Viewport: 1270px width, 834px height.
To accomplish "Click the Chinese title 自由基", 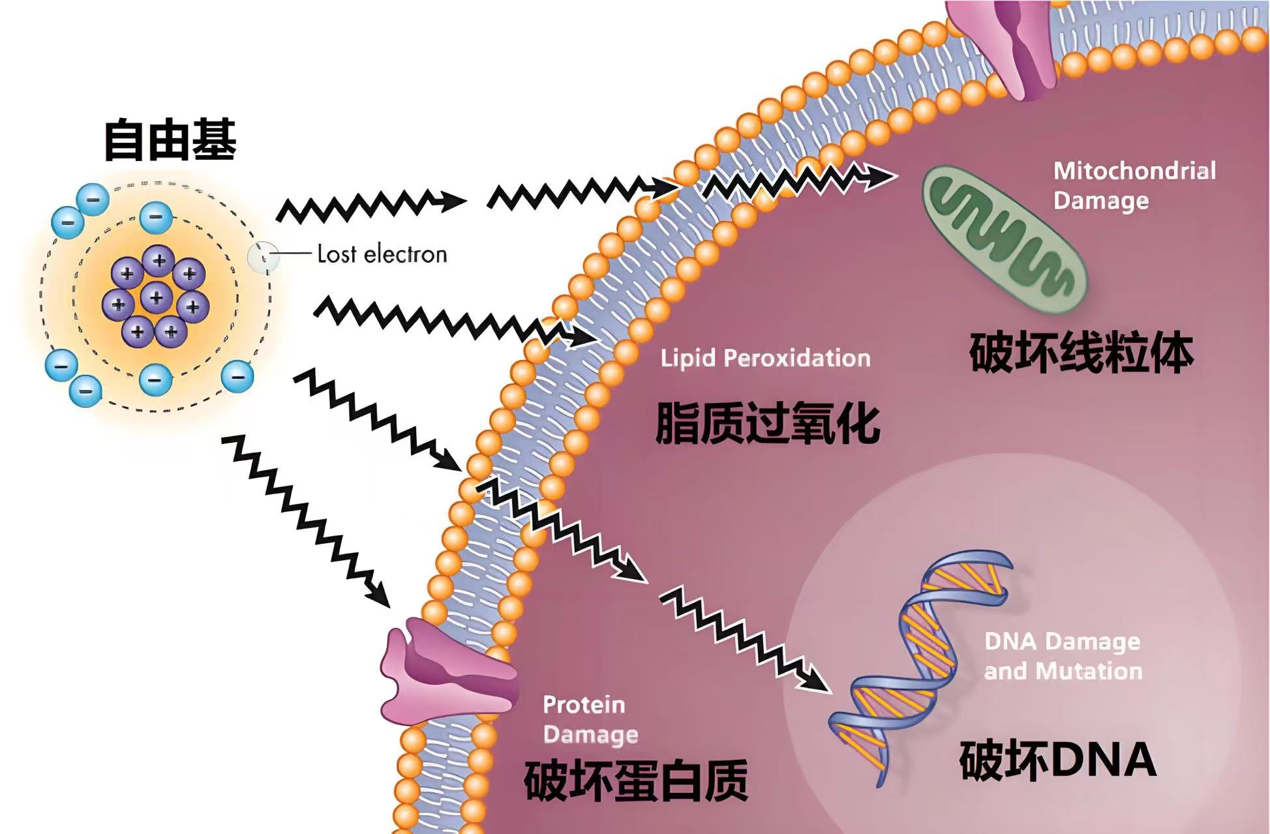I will tap(170, 140).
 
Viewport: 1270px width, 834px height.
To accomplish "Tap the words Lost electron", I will tap(382, 254).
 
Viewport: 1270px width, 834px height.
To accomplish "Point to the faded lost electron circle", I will tap(263, 257).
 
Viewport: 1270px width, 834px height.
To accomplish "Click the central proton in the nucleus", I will tap(157, 298).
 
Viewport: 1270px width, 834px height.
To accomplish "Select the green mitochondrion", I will tap(1005, 240).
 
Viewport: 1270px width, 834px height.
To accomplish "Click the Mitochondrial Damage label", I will tap(1134, 186).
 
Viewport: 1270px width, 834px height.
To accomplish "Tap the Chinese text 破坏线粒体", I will tap(1081, 353).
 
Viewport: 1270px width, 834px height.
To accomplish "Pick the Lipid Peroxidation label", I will tap(765, 358).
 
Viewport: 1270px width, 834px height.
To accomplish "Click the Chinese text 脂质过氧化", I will tap(767, 424).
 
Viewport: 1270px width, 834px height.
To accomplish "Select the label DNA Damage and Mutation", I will tap(1063, 656).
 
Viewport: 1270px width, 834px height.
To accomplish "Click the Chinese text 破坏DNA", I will tap(1057, 760).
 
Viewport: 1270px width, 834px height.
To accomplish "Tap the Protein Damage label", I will tap(590, 719).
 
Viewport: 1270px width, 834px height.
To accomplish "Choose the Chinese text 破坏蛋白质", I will tap(635, 781).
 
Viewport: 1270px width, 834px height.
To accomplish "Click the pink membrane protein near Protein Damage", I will tap(447, 672).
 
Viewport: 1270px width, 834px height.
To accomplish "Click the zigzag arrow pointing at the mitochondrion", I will tap(799, 179).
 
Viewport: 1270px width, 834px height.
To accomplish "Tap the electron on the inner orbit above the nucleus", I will tap(156, 216).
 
